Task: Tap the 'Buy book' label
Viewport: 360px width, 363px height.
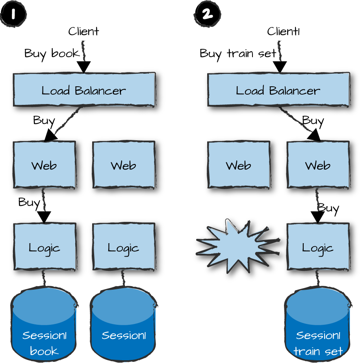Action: (52, 53)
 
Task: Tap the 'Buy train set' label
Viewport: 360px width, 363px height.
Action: (238, 53)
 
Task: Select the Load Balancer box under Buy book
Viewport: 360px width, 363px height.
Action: (84, 90)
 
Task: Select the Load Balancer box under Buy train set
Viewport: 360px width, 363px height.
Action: (278, 90)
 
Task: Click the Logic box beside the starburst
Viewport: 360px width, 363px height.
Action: (318, 247)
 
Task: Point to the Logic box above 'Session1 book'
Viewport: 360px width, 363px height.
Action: (45, 247)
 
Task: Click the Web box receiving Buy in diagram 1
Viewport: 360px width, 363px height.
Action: (44, 165)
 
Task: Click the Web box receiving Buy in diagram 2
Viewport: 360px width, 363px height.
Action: (318, 165)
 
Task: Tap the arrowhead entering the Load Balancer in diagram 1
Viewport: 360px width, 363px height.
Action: (84, 67)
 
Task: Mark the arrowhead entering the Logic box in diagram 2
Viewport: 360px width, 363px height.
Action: (317, 217)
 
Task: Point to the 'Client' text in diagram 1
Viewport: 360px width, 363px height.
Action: (84, 31)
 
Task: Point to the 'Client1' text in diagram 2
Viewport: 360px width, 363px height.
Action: (283, 31)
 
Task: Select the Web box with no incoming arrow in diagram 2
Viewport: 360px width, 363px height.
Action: (239, 165)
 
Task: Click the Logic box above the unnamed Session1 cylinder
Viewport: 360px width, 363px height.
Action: (124, 247)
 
